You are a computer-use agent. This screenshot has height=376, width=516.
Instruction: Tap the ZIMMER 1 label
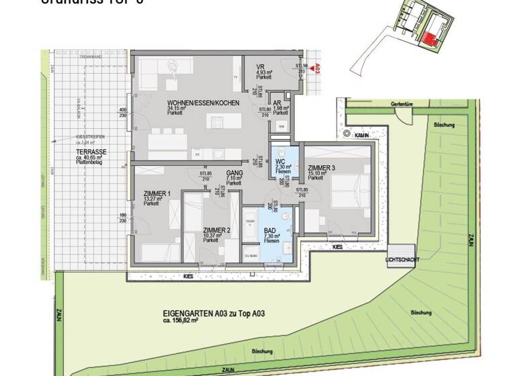click(x=157, y=195)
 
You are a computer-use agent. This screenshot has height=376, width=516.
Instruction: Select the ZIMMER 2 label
click(x=216, y=230)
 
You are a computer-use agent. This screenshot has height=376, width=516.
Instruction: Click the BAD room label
click(x=269, y=230)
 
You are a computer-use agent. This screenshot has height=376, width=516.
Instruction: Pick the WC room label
click(x=280, y=161)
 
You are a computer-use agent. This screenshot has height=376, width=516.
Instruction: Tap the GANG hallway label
click(x=234, y=173)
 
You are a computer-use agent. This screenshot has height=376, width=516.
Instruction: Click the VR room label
click(x=261, y=66)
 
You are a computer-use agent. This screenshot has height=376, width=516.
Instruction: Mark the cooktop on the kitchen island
click(x=217, y=122)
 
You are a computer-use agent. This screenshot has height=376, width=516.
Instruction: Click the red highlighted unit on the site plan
click(x=428, y=39)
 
